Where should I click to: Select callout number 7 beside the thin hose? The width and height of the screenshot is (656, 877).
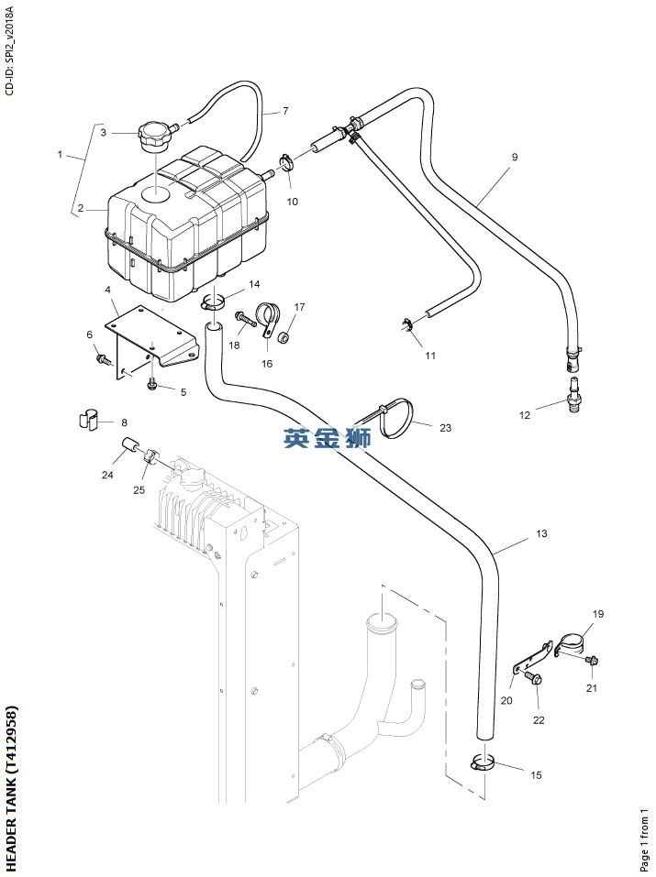tap(284, 111)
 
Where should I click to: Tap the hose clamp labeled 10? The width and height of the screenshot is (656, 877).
tap(285, 165)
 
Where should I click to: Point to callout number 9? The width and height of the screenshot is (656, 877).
tap(515, 158)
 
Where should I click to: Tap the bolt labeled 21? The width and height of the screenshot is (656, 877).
tap(592, 660)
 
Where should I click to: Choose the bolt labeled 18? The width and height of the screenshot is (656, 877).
tap(243, 319)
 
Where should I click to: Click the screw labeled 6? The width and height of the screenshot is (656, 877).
tap(103, 359)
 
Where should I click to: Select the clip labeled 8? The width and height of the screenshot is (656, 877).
tap(86, 422)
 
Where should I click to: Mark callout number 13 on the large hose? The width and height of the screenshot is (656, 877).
tap(541, 533)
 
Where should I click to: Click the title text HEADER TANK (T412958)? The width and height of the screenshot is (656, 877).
tap(11, 788)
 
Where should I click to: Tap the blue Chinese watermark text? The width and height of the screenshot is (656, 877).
tap(327, 439)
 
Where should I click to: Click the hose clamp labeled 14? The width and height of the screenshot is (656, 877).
tap(214, 301)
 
